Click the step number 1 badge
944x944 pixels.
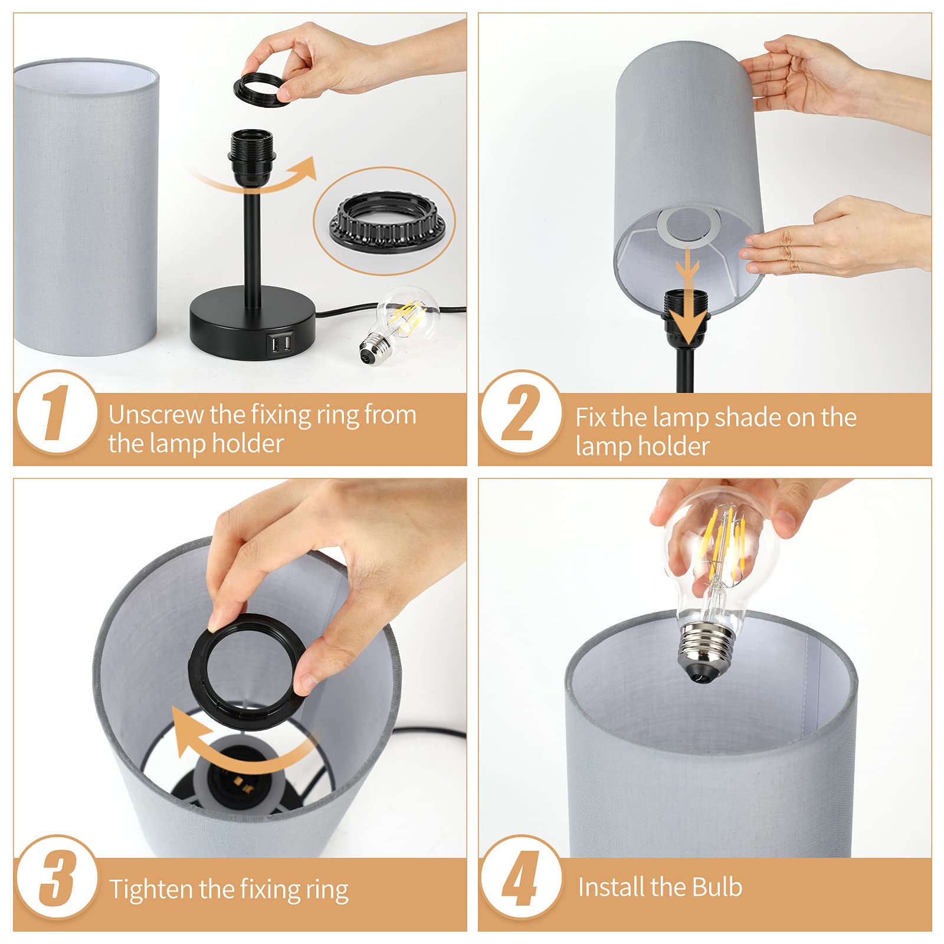57,412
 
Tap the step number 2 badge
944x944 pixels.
522,412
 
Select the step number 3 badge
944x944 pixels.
57,877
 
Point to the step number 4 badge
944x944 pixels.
522,877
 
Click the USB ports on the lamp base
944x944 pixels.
280,343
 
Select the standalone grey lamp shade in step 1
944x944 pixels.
86,206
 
